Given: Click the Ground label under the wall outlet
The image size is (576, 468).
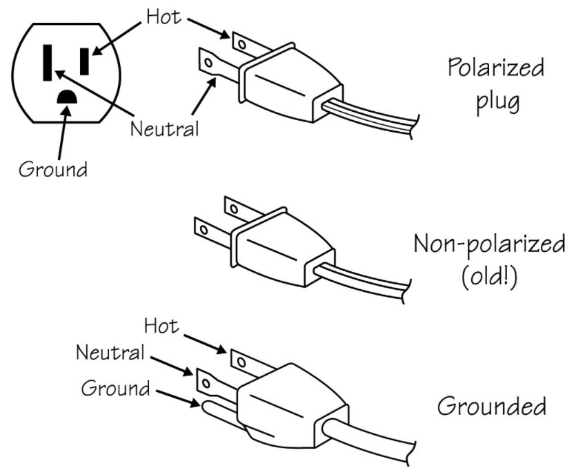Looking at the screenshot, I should (52, 169).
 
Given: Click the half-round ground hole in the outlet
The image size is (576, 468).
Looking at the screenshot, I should (66, 99).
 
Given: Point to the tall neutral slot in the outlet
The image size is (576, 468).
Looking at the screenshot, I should (48, 62).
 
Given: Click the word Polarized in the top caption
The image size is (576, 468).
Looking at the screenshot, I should (495, 68).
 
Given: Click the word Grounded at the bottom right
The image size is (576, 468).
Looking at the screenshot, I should (492, 406).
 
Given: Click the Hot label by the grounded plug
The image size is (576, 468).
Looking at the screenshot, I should (161, 325).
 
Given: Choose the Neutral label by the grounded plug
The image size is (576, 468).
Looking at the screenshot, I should (110, 353).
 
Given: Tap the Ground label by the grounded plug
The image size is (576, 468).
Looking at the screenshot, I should (116, 388).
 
